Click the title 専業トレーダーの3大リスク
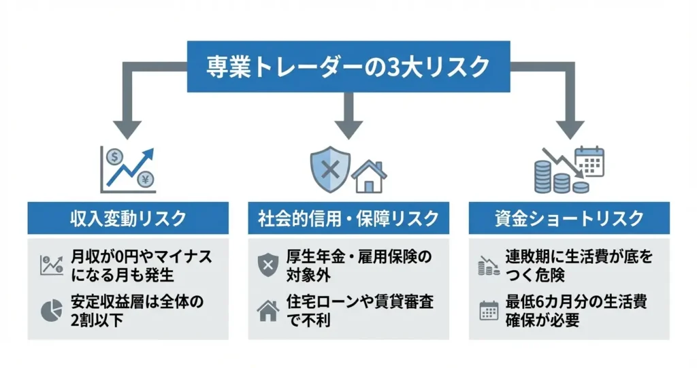[348, 67]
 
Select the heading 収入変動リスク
[128, 218]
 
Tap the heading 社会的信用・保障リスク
[348, 218]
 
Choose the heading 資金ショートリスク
[569, 218]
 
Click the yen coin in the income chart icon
[145, 180]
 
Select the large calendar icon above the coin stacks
[589, 161]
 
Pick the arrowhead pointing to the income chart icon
[127, 128]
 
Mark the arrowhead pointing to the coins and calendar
[569, 128]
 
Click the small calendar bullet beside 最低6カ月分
[489, 310]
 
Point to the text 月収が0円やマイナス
[141, 257]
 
